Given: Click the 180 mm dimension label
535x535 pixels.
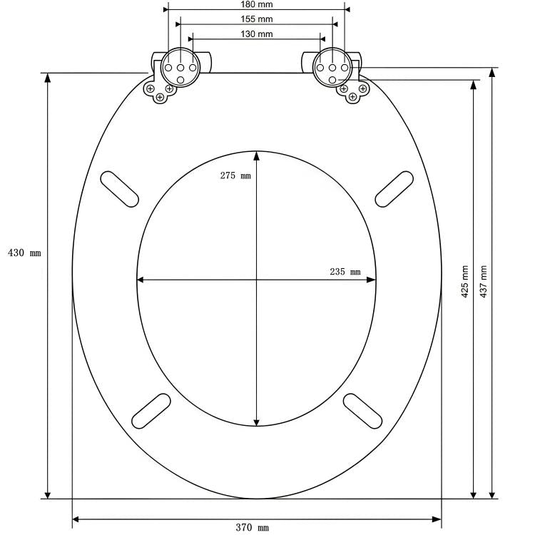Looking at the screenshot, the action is tap(257, 4).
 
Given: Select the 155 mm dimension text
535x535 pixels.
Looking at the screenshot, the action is tap(257, 19).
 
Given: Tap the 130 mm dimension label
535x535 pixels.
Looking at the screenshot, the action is tap(257, 34).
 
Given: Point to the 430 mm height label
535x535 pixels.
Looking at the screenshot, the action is tap(24, 253).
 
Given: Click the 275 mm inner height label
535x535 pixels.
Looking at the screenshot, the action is tap(235, 175).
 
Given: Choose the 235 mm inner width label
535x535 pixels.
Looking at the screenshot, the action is tap(345, 272).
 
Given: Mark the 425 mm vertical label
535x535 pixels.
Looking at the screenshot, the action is tap(464, 282).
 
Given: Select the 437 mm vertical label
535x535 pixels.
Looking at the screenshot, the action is tap(483, 282).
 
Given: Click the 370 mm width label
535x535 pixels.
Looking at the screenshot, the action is tap(252, 527).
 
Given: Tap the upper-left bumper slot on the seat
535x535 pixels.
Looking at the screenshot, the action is tap(120, 189).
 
